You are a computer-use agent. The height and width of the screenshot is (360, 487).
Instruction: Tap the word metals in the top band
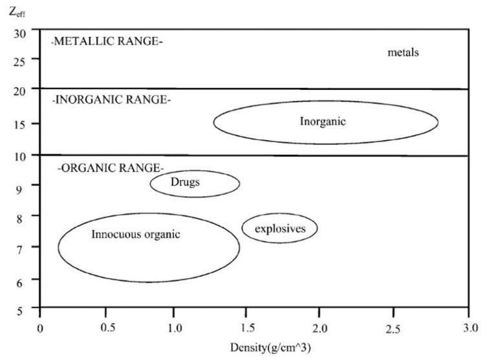coord(404,52)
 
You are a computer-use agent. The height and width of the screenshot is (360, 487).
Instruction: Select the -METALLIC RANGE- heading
coord(107,42)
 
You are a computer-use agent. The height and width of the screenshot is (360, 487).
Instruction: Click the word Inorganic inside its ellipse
coord(323,121)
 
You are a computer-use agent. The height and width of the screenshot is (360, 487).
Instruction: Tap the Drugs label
coord(185,182)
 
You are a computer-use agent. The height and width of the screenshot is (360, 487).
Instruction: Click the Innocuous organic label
coord(136,234)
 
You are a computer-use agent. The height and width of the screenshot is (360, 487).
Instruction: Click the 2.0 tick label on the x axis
coord(321,327)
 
